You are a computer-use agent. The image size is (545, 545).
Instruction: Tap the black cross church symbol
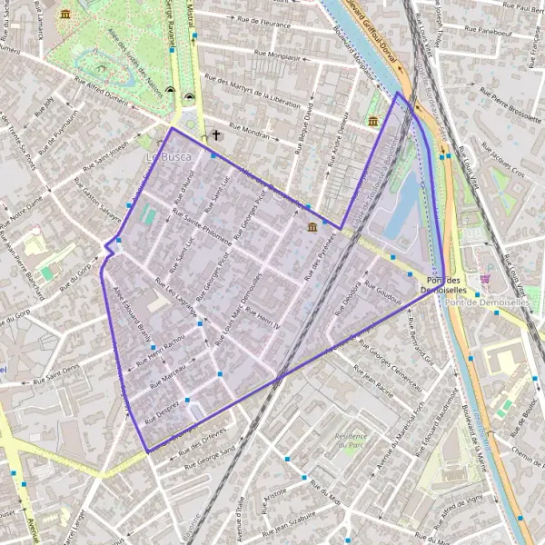coord(216,136)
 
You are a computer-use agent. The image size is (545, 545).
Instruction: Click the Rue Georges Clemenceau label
coord(388,363)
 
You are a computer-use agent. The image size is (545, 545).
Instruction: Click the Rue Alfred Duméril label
coord(97,97)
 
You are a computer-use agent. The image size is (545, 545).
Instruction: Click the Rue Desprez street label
coord(160,413)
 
